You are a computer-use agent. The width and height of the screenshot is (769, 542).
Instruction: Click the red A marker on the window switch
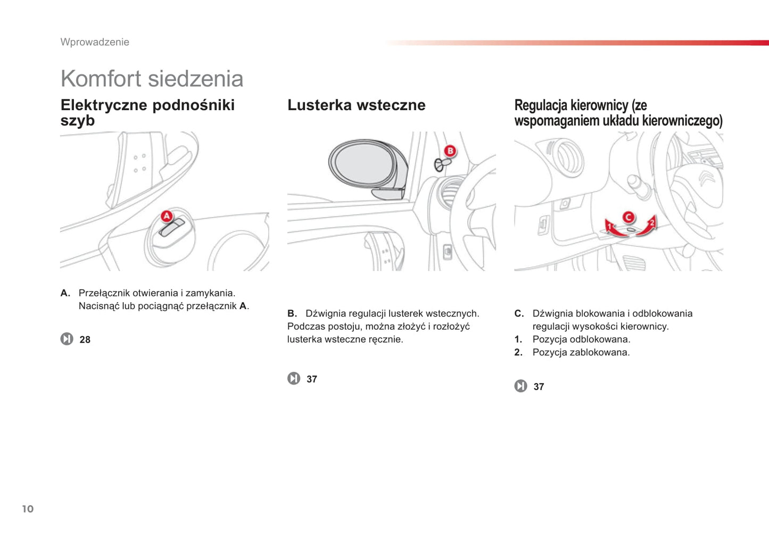click(167, 216)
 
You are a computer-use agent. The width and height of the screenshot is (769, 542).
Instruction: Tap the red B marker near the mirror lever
click(450, 151)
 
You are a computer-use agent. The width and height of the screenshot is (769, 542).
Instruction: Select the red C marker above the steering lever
click(629, 217)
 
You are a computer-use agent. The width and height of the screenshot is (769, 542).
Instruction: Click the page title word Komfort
click(101, 79)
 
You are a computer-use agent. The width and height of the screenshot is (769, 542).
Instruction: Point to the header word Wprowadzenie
click(95, 42)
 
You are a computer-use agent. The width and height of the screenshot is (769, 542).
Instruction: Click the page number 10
click(28, 509)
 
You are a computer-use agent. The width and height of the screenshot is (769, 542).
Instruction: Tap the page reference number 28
click(85, 340)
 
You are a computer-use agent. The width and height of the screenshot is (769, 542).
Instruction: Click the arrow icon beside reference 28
click(67, 339)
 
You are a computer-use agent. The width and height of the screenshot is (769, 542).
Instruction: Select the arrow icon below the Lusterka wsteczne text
click(294, 378)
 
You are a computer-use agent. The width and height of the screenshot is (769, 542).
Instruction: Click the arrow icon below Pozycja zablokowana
click(520, 386)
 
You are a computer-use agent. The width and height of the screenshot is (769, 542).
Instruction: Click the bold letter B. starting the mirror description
click(292, 314)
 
